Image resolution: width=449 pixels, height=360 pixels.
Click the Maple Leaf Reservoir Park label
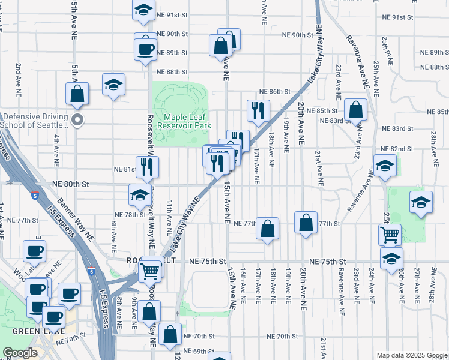183,122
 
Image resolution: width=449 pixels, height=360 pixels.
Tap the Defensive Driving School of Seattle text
36,121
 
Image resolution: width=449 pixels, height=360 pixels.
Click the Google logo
20,353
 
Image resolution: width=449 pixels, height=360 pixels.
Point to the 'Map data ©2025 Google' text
411,355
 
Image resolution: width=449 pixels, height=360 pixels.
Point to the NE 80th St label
73,184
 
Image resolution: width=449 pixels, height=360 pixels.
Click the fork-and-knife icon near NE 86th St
258,110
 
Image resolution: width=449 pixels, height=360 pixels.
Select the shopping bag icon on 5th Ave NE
77,93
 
